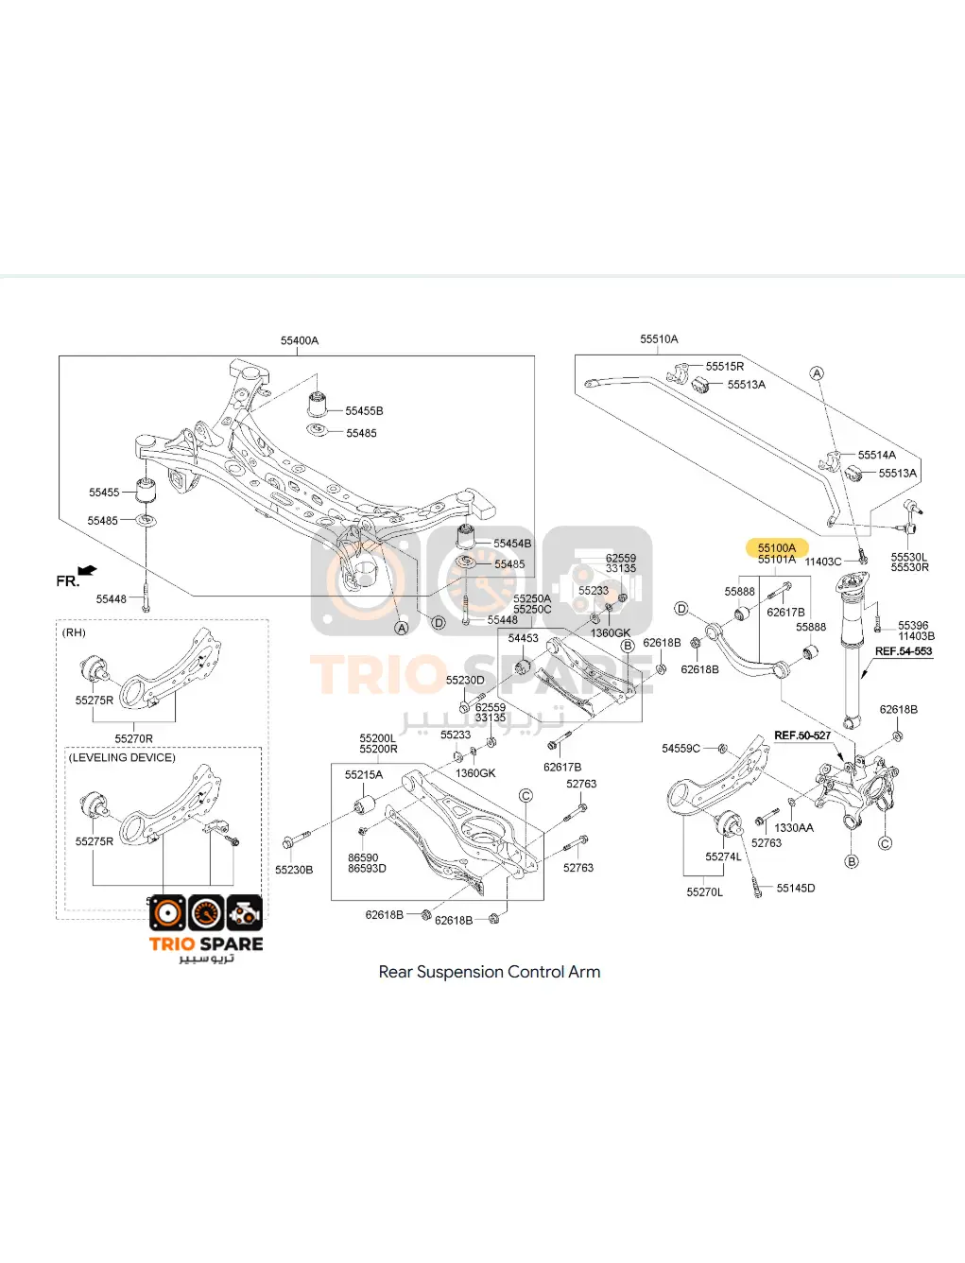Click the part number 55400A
click(300, 340)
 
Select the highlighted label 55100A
click(777, 547)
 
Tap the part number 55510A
click(659, 338)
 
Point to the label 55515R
click(724, 366)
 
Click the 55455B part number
click(364, 411)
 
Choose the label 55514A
click(876, 455)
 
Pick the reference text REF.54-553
click(903, 651)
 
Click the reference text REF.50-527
click(802, 735)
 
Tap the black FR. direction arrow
click(88, 570)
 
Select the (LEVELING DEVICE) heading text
click(122, 757)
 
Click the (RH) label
click(74, 632)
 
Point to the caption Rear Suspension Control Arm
click(489, 972)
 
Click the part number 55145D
click(795, 888)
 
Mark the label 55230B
click(294, 870)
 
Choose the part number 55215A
click(364, 774)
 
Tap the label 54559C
click(681, 749)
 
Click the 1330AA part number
click(793, 827)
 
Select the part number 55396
click(913, 625)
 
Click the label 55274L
click(723, 856)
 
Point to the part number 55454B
click(512, 544)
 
